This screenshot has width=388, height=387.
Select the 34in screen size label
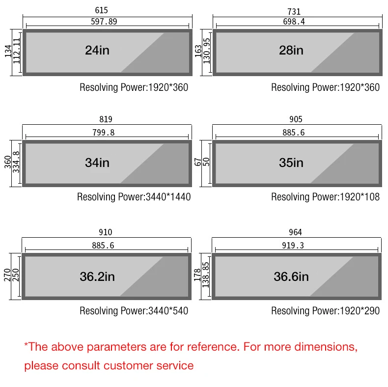click(x=97, y=163)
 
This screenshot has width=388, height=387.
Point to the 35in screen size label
click(x=291, y=163)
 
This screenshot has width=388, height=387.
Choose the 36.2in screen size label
click(x=97, y=276)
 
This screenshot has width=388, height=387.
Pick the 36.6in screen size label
click(x=291, y=276)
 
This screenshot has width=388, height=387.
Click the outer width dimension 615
click(x=102, y=10)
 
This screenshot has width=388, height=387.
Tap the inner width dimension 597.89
click(x=104, y=22)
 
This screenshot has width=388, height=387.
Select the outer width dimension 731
click(x=294, y=11)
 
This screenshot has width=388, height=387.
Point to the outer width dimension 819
click(x=106, y=119)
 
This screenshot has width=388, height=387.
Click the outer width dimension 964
click(x=296, y=232)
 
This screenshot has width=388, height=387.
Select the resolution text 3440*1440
click(x=168, y=197)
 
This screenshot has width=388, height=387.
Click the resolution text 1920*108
click(x=360, y=197)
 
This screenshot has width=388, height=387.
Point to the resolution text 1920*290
click(x=360, y=311)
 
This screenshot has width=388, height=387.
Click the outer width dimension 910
click(x=105, y=232)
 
